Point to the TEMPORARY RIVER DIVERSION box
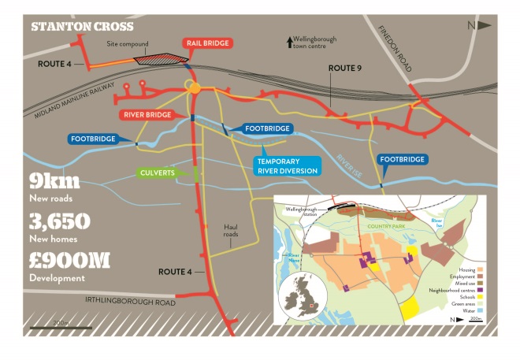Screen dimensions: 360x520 click(x=287, y=165)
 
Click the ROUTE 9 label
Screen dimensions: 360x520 click(x=344, y=69)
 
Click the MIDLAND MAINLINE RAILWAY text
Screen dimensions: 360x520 click(x=76, y=101)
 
